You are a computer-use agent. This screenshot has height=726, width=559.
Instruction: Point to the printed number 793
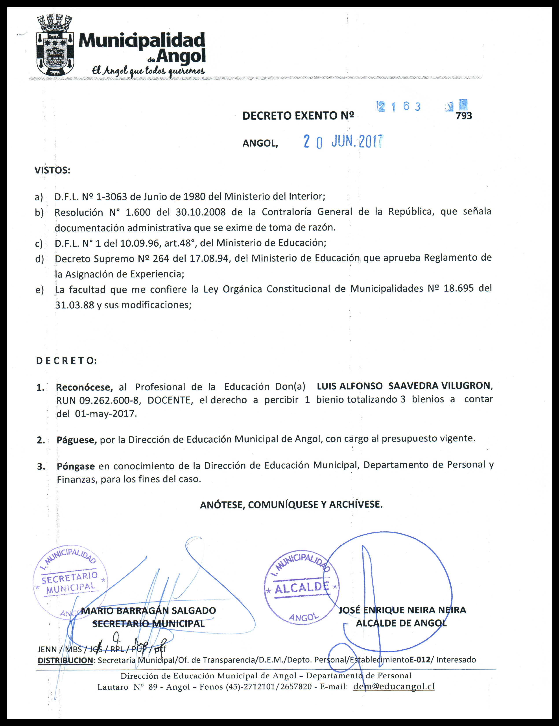[464, 116]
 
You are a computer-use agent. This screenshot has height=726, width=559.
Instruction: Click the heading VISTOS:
[52, 171]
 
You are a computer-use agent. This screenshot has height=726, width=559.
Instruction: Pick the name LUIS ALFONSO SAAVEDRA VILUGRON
[404, 386]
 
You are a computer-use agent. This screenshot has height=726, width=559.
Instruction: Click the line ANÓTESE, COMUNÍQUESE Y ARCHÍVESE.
[291, 505]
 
